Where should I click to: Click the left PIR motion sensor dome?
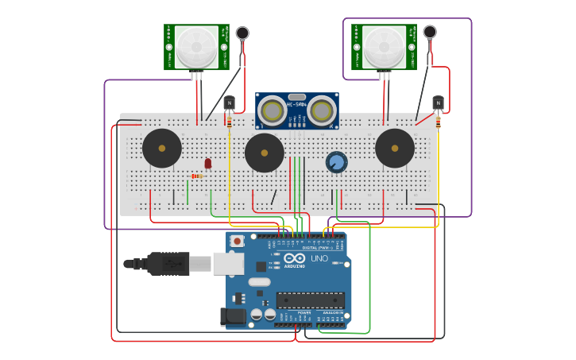tap(196, 47)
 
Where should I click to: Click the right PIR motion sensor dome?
tap(384, 47)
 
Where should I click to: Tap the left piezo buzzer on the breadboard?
tap(162, 148)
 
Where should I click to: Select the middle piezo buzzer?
tap(265, 153)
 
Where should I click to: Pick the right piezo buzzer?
tap(395, 148)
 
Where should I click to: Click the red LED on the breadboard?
tap(208, 163)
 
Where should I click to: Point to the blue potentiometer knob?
tap(337, 162)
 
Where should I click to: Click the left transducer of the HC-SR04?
tap(273, 110)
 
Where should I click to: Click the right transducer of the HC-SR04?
tap(322, 110)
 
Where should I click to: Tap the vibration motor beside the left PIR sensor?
tap(242, 33)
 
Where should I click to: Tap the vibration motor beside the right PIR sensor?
tap(430, 32)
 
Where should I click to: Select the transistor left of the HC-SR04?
tap(230, 103)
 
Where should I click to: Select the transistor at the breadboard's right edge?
tap(438, 103)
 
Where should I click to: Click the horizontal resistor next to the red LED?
tap(196, 176)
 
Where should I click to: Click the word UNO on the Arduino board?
tap(319, 258)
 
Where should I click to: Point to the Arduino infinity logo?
tap(294, 258)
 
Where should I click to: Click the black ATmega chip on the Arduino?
tap(310, 300)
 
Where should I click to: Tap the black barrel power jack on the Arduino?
tap(233, 315)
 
